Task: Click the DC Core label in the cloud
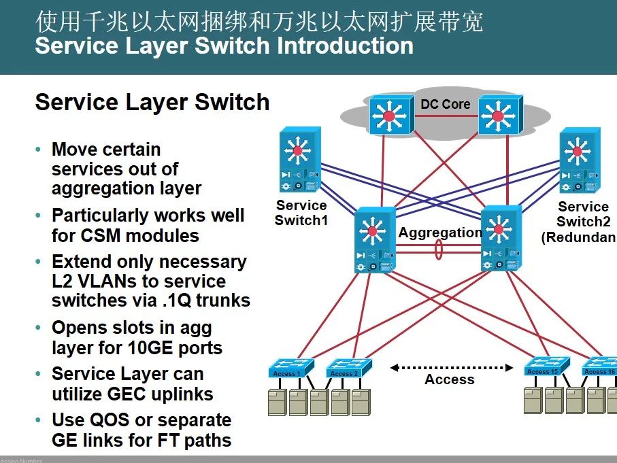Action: coord(446,104)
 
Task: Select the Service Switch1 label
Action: coord(301,213)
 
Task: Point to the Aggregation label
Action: coord(439,233)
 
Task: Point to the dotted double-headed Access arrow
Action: coord(451,368)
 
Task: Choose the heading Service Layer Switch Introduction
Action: coord(224,46)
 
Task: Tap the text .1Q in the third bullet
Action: coord(196,301)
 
